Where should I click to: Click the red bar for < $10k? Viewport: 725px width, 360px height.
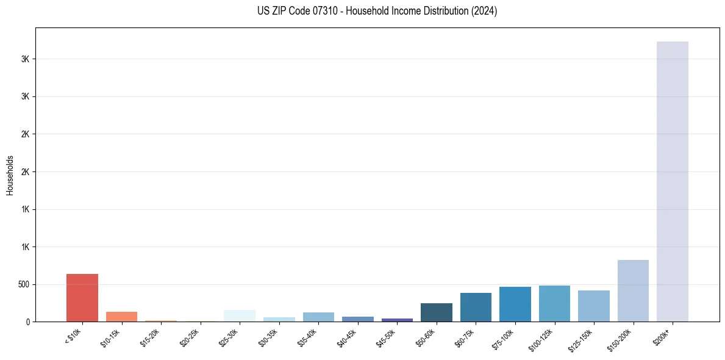point(82,298)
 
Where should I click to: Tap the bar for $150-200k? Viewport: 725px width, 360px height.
point(633,290)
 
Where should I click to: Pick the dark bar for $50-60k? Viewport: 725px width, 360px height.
point(437,312)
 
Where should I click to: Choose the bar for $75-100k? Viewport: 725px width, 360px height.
point(515,304)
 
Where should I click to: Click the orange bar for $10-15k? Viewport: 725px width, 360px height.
point(121,317)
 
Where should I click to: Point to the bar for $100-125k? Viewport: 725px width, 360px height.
point(554,303)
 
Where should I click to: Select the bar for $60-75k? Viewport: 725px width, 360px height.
point(476,307)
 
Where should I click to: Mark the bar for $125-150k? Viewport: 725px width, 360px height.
point(594,306)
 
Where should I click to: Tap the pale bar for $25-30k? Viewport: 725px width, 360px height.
point(240,315)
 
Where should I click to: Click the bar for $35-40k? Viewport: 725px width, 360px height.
point(318,317)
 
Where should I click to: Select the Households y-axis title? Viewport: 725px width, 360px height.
point(10,175)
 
